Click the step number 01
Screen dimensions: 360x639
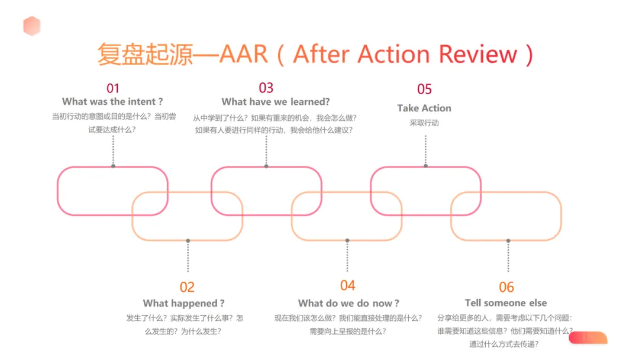[x=112, y=89]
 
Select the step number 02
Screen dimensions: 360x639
[x=187, y=288]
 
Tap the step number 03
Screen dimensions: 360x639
[x=266, y=88]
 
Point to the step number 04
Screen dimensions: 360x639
[x=348, y=286]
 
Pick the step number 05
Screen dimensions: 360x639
[x=424, y=89]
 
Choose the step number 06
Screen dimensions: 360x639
[x=506, y=288]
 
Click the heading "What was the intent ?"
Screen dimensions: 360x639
[x=112, y=102]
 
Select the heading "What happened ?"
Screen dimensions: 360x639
[x=184, y=304]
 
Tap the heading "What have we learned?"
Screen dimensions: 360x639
[x=276, y=102]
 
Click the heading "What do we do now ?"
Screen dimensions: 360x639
[x=348, y=304]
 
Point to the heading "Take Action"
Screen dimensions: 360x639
[x=424, y=108]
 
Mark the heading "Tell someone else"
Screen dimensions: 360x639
[x=506, y=303]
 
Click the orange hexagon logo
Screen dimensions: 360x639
[x=32, y=25]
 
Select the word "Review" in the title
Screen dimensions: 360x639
[x=478, y=54]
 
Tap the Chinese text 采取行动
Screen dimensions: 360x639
[x=424, y=123]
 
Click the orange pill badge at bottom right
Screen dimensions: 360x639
[x=588, y=338]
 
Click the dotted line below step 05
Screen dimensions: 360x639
[x=425, y=150]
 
